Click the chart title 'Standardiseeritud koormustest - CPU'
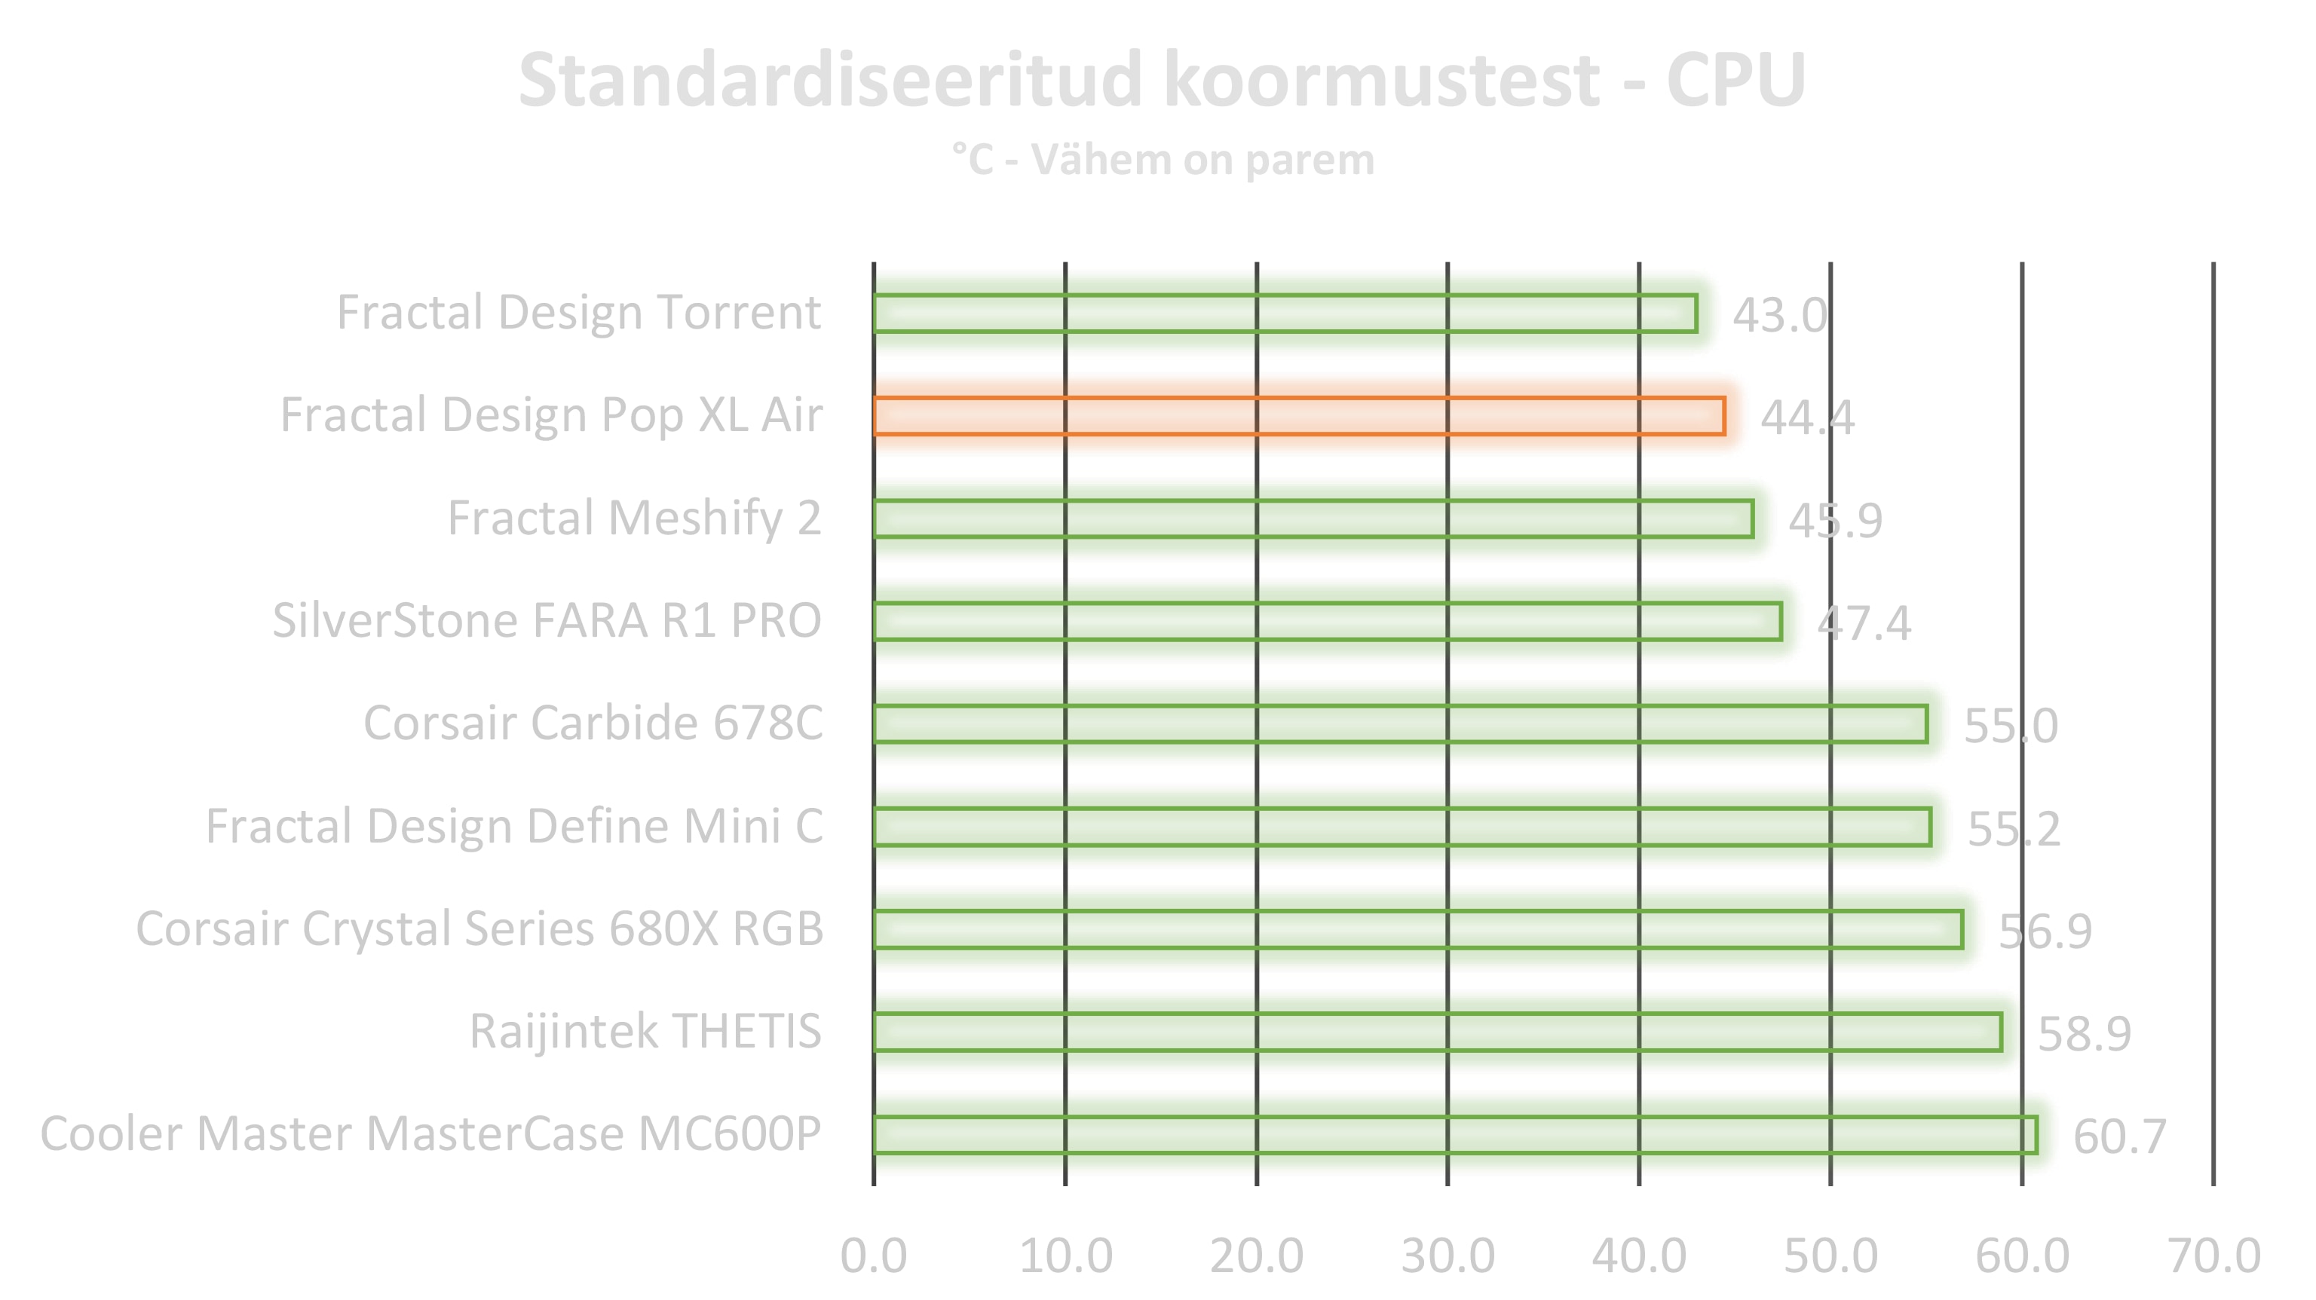[1162, 81]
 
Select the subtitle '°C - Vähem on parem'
[1163, 160]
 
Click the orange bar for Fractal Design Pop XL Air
[1298, 416]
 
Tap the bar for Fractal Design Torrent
[1285, 313]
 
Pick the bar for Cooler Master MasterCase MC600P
[1455, 1134]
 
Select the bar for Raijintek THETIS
[1437, 1032]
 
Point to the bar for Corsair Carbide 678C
[1400, 723]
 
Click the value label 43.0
[1779, 315]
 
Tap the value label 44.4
[1807, 418]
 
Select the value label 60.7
[2119, 1136]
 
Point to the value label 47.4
[1864, 622]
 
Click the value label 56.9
[2045, 931]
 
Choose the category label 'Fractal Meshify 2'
[635, 518]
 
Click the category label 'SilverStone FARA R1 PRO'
[547, 621]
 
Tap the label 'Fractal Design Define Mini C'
[514, 826]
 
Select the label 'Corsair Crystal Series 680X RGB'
[479, 928]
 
